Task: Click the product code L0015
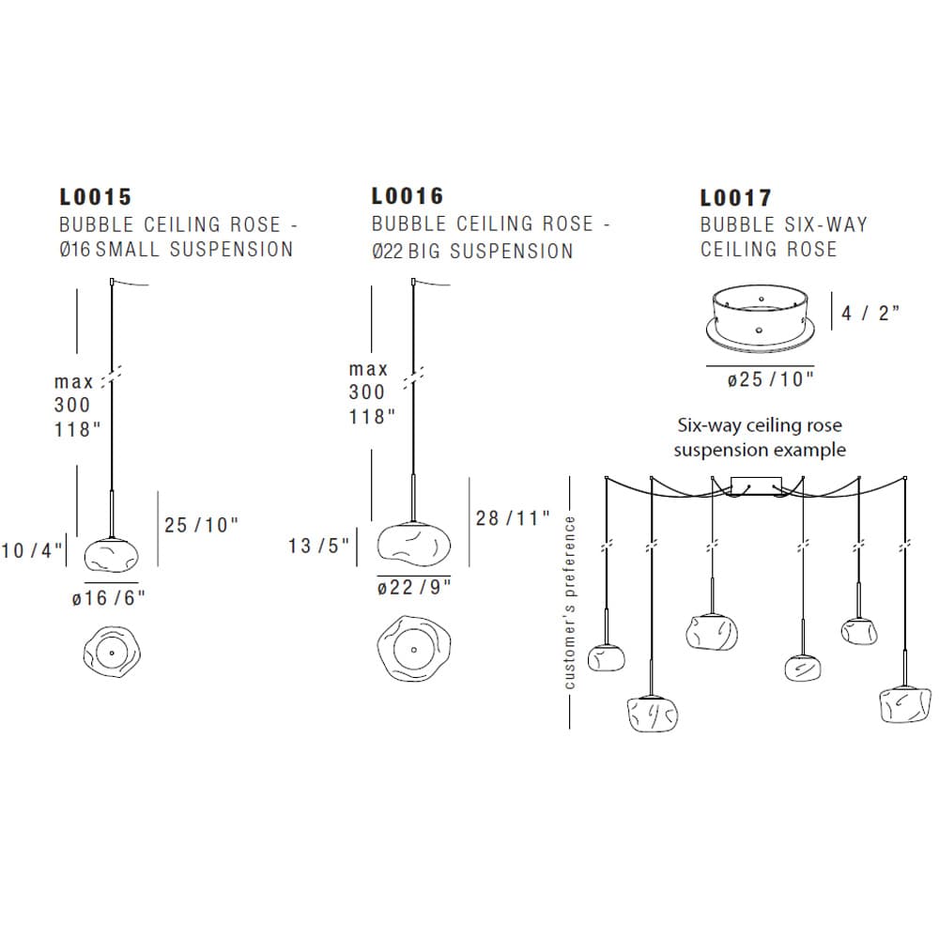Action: [95, 197]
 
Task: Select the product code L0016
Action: [408, 196]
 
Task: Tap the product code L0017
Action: [736, 197]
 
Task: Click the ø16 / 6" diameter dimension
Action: [109, 597]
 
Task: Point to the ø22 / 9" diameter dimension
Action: [414, 587]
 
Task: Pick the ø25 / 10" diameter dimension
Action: [771, 379]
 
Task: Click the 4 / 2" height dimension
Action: [870, 313]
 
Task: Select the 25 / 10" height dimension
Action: [201, 525]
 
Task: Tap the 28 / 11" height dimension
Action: [513, 518]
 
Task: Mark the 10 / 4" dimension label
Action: [32, 550]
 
